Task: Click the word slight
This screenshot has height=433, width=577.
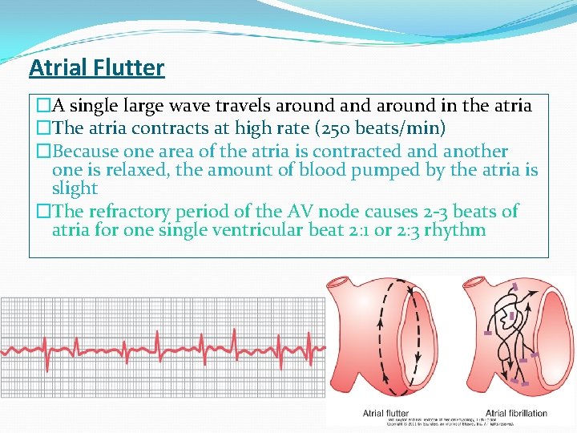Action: [75, 188]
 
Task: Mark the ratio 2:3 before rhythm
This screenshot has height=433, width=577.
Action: [416, 231]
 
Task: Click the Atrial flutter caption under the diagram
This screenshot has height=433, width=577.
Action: [385, 414]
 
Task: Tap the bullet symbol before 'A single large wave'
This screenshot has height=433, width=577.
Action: [35, 106]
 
